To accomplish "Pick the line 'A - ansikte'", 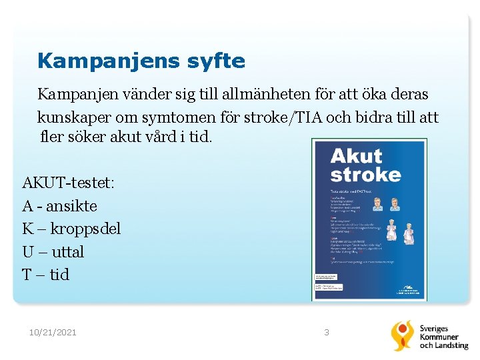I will (x=59, y=206).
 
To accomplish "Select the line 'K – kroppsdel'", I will (x=71, y=229).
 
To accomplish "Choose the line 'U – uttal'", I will (x=53, y=252).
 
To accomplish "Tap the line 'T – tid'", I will (x=45, y=275).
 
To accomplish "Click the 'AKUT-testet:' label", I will (x=69, y=183).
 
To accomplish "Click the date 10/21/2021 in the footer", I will (x=53, y=332).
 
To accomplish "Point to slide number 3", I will (x=327, y=332).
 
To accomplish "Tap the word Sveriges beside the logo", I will (x=434, y=329).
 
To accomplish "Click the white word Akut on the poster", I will (x=356, y=156).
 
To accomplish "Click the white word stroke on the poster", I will (x=366, y=175).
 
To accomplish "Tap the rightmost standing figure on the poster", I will (x=409, y=233).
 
